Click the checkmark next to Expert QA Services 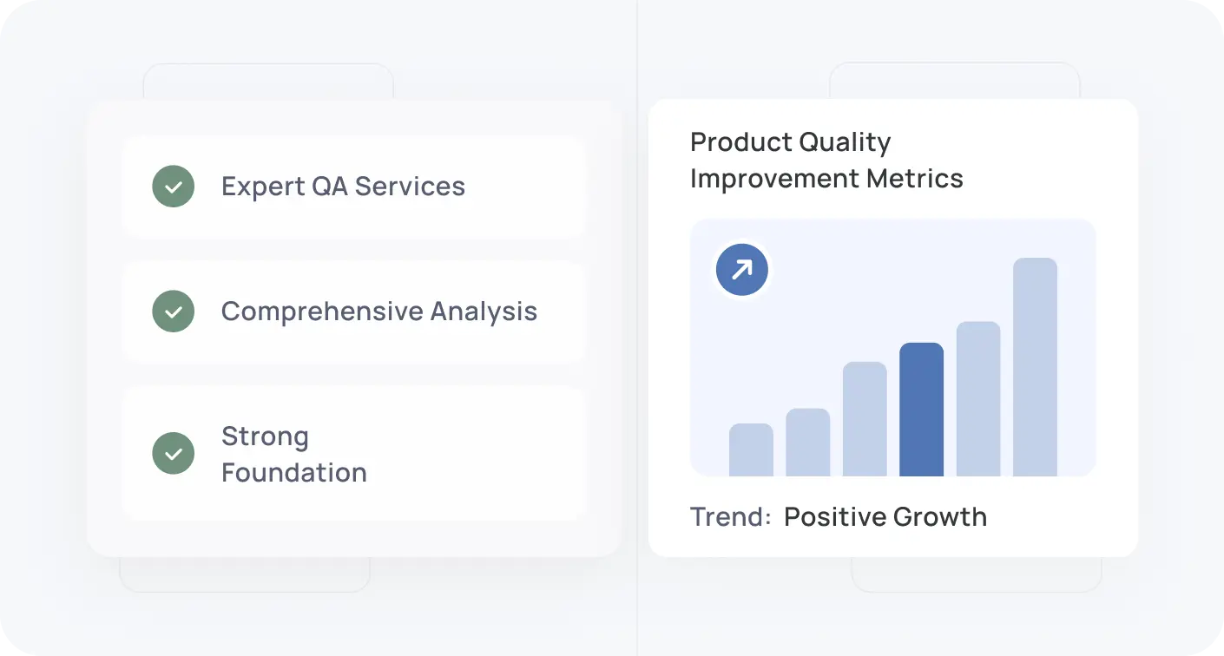174,187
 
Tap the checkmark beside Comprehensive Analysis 174,312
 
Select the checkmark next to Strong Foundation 174,454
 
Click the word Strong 265,436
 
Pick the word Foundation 294,473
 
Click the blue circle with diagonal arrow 741,270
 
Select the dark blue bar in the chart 921,410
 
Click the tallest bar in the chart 1035,367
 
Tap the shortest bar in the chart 751,449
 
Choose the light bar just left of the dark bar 865,419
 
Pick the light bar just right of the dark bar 978,399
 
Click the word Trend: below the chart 730,517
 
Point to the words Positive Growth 885,517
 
